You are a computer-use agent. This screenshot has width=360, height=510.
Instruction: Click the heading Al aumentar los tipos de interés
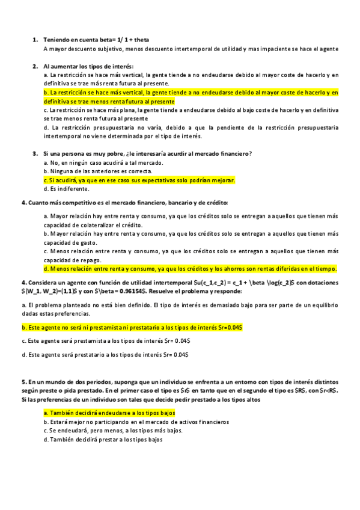(88, 66)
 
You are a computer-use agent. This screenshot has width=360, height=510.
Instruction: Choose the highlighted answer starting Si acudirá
(139, 180)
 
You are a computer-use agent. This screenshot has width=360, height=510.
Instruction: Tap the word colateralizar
(94, 224)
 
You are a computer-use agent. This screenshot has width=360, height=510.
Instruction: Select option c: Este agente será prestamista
(106, 341)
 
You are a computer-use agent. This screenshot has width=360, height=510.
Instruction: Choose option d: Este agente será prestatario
(105, 355)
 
